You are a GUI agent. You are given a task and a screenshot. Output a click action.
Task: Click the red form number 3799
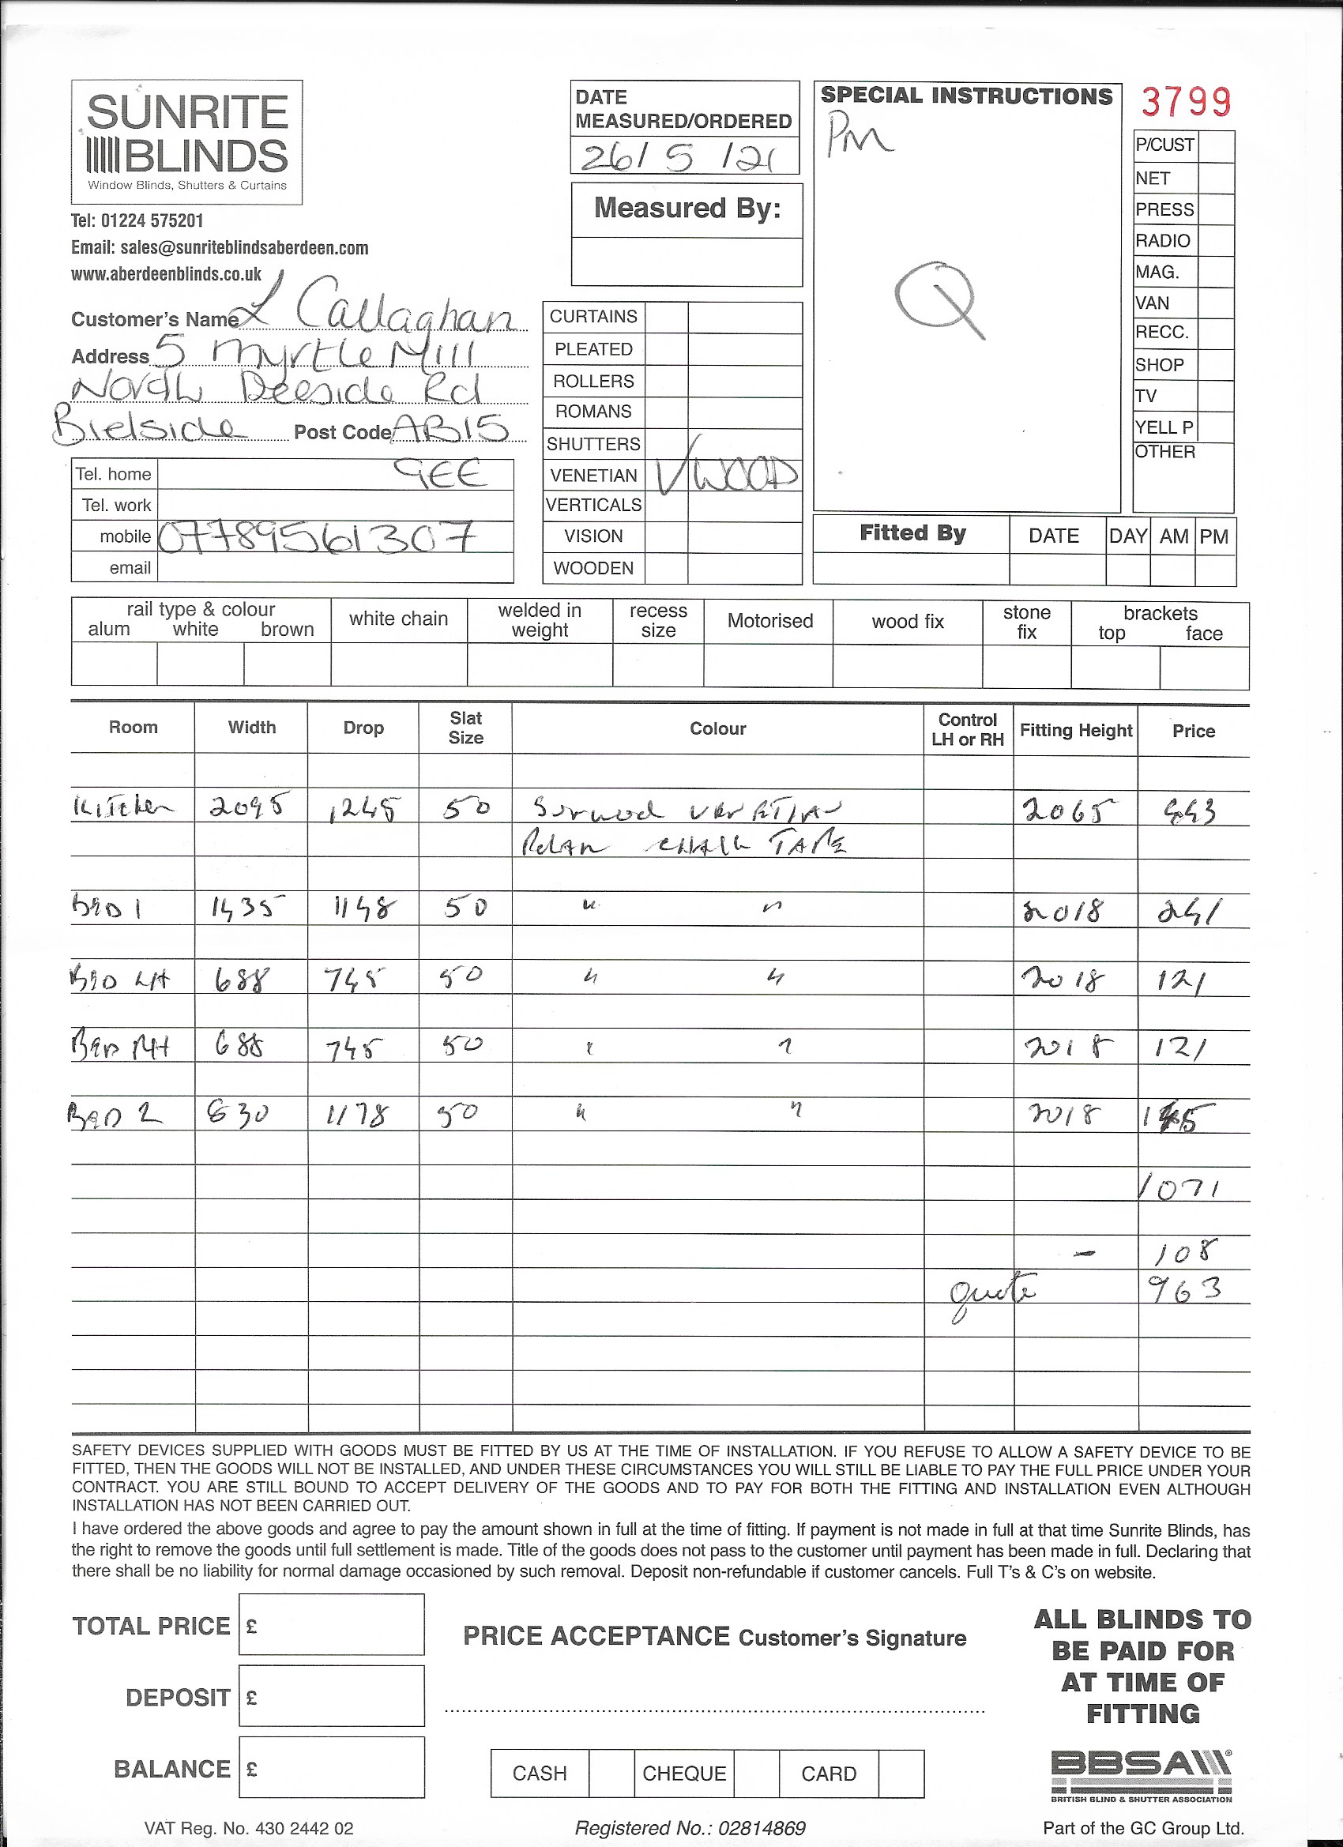pos(1186,102)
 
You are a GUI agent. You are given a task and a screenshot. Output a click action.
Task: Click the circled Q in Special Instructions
pos(936,296)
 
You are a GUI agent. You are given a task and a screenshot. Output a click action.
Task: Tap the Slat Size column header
pos(466,728)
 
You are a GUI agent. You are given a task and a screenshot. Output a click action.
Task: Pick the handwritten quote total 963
pos(1185,1288)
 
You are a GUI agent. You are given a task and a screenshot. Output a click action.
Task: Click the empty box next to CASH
pos(611,1773)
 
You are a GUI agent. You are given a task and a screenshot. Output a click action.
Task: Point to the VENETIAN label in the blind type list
pos(593,475)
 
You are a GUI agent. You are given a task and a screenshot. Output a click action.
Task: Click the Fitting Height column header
pos(1076,731)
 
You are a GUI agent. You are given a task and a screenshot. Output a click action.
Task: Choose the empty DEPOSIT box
pos(332,1696)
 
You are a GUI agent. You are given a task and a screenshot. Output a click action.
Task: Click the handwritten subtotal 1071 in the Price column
pos(1181,1190)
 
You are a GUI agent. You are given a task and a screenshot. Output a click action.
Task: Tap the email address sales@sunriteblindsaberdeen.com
pos(220,247)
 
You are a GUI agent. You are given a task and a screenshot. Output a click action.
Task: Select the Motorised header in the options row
pos(769,621)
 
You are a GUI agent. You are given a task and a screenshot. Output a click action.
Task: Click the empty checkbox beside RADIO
pos(1216,240)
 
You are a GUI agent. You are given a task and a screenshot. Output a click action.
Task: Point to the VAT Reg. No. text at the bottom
pos(249,1827)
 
